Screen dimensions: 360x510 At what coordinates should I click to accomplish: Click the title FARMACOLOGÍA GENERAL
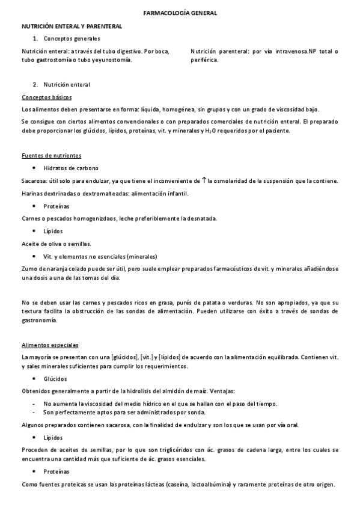[x=180, y=12]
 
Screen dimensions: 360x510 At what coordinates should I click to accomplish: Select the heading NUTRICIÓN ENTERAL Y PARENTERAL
[x=72, y=26]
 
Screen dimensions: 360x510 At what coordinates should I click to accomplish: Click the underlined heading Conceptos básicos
[x=46, y=97]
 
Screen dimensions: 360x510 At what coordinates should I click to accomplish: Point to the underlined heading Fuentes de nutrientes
[x=51, y=156]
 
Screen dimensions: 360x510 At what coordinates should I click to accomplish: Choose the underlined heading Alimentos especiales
[x=50, y=345]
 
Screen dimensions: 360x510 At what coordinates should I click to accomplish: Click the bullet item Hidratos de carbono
[x=71, y=168]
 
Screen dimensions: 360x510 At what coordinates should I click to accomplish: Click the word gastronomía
[x=40, y=321]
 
